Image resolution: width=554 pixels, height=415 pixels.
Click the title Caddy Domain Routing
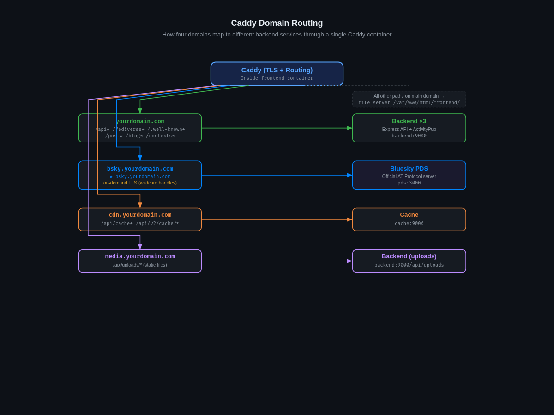[x=277, y=23]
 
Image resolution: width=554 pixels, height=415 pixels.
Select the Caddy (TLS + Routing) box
[x=277, y=74]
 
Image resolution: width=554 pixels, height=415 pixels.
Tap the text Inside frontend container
[x=277, y=78]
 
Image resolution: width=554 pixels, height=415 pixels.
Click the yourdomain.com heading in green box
[x=140, y=121]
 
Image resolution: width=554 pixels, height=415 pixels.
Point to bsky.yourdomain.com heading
[x=140, y=169]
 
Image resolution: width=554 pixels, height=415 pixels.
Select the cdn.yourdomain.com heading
[x=140, y=215]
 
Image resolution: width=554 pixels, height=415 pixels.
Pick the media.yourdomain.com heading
[x=140, y=256]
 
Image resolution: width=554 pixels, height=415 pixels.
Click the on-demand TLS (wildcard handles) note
[x=140, y=183]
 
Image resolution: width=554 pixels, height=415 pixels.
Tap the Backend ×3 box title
[x=409, y=121]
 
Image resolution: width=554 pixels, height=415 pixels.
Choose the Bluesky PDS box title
[x=409, y=169]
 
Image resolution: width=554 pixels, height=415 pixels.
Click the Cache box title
[x=409, y=215]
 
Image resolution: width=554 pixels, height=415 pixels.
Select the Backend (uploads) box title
[x=409, y=256]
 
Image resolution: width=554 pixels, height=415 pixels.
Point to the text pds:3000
[x=409, y=183]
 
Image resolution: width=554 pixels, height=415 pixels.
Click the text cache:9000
[x=409, y=224]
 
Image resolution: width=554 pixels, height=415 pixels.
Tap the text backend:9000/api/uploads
[x=409, y=265]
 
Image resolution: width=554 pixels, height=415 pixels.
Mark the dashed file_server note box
[x=409, y=99]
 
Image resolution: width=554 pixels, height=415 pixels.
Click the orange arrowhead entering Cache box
[x=349, y=219]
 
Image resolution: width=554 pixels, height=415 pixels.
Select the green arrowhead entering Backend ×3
[x=349, y=128]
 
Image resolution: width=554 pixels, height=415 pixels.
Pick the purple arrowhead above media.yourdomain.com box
[x=140, y=247]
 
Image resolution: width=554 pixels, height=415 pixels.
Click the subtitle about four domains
[x=277, y=35]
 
